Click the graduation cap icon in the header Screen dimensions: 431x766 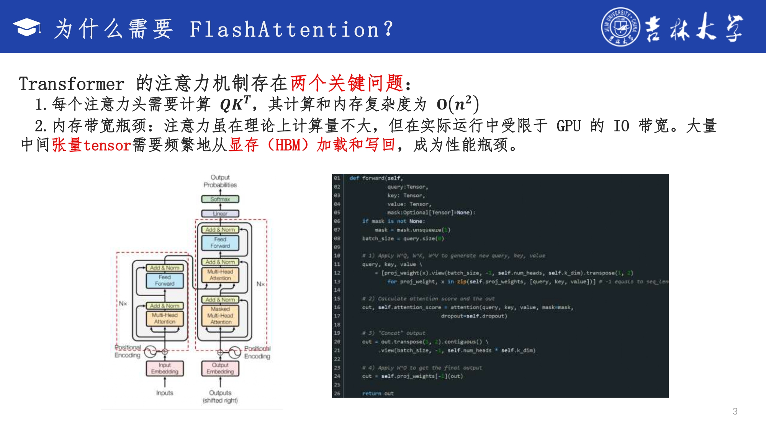coord(27,28)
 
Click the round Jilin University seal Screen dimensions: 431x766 coord(620,27)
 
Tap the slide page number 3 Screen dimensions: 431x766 coord(735,411)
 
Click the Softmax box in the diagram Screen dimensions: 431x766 coord(220,199)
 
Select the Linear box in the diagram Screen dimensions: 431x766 coord(220,213)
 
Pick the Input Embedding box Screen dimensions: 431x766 coord(165,368)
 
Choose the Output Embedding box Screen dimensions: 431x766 coord(220,368)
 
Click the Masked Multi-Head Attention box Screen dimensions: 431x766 coord(220,316)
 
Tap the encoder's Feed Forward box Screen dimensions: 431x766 coord(165,280)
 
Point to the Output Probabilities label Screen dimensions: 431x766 coord(220,181)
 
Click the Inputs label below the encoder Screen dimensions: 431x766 coord(165,393)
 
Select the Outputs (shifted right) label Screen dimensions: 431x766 coord(220,397)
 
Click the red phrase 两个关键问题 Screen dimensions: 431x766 coord(347,83)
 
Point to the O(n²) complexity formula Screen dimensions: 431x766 coord(458,104)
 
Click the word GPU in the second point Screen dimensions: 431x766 coord(568,126)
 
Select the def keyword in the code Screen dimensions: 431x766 coord(354,178)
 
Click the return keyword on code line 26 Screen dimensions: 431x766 coord(371,393)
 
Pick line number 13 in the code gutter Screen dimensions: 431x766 coord(337,282)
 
